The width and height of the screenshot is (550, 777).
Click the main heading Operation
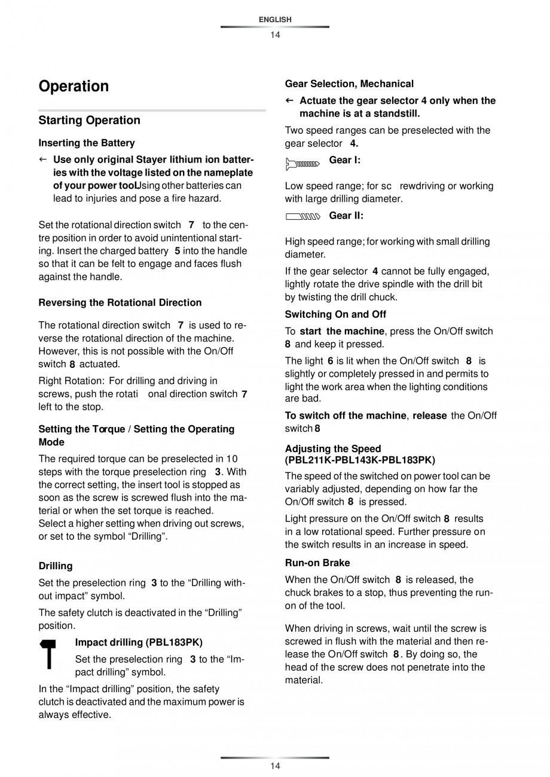click(74, 87)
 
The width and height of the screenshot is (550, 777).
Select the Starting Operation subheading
click(89, 121)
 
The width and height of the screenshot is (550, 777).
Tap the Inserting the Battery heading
click(87, 143)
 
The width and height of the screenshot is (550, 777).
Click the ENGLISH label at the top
click(275, 20)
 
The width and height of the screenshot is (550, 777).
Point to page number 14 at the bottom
click(275, 766)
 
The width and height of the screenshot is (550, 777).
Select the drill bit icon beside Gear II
click(302, 217)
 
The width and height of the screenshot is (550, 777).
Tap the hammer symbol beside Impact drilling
click(49, 655)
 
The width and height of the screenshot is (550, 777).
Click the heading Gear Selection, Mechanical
click(349, 84)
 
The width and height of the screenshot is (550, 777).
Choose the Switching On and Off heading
click(335, 315)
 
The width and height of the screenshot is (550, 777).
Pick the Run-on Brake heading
click(317, 563)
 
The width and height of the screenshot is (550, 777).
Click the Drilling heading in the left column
click(56, 566)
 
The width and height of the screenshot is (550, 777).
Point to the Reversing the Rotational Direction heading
click(120, 303)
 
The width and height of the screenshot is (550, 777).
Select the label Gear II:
click(346, 216)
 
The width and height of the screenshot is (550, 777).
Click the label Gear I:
click(345, 160)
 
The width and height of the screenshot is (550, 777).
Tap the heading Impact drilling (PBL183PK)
click(139, 643)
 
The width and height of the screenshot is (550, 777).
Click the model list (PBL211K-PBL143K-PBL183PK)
click(360, 460)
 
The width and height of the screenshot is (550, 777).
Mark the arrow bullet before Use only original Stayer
click(42, 160)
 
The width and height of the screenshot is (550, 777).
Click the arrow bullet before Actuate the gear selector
click(289, 101)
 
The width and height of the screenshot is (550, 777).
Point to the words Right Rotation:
click(71, 381)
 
